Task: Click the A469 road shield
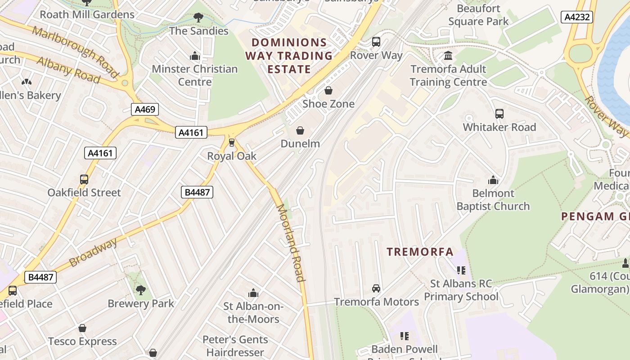pyautogui.click(x=145, y=109)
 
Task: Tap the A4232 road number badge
pyautogui.click(x=577, y=17)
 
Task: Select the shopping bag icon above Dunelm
pyautogui.click(x=300, y=131)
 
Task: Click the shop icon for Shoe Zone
pyautogui.click(x=328, y=91)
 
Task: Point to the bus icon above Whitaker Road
pyautogui.click(x=499, y=114)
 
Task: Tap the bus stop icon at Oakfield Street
pyautogui.click(x=84, y=180)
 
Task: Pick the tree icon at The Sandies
pyautogui.click(x=198, y=18)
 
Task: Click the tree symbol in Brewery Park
pyautogui.click(x=141, y=290)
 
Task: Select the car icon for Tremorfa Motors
pyautogui.click(x=376, y=288)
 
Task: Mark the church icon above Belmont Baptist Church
pyautogui.click(x=493, y=180)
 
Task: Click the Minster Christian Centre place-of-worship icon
pyautogui.click(x=195, y=56)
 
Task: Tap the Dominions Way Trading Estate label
pyautogui.click(x=289, y=56)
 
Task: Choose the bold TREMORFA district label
pyautogui.click(x=420, y=252)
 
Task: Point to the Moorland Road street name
pyautogui.click(x=291, y=243)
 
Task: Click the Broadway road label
pyautogui.click(x=93, y=252)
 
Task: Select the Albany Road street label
pyautogui.click(x=67, y=70)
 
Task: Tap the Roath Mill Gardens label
pyautogui.click(x=87, y=14)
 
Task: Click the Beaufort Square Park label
pyautogui.click(x=478, y=15)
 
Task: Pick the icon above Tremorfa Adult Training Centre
pyautogui.click(x=448, y=56)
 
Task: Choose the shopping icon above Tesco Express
pyautogui.click(x=82, y=328)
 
